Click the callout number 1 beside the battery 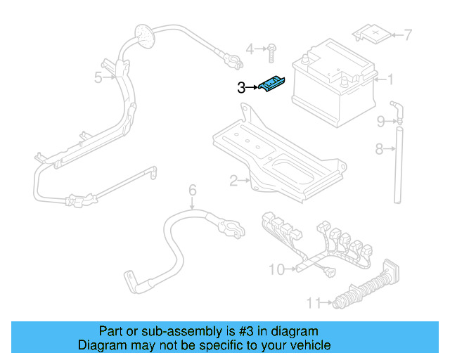390,79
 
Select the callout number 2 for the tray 233,181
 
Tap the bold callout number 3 241,88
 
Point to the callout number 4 250,49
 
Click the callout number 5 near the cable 98,77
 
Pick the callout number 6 191,189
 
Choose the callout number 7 407,34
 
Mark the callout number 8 379,148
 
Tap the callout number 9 380,121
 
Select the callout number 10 276,269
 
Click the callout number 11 314,303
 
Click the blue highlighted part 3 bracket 271,85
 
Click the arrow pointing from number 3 252,88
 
